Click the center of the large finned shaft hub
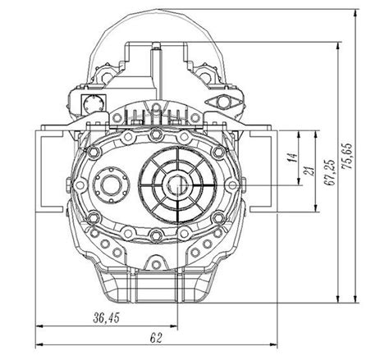click(x=176, y=186)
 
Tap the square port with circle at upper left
click(x=91, y=103)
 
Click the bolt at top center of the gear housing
click(x=155, y=132)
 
